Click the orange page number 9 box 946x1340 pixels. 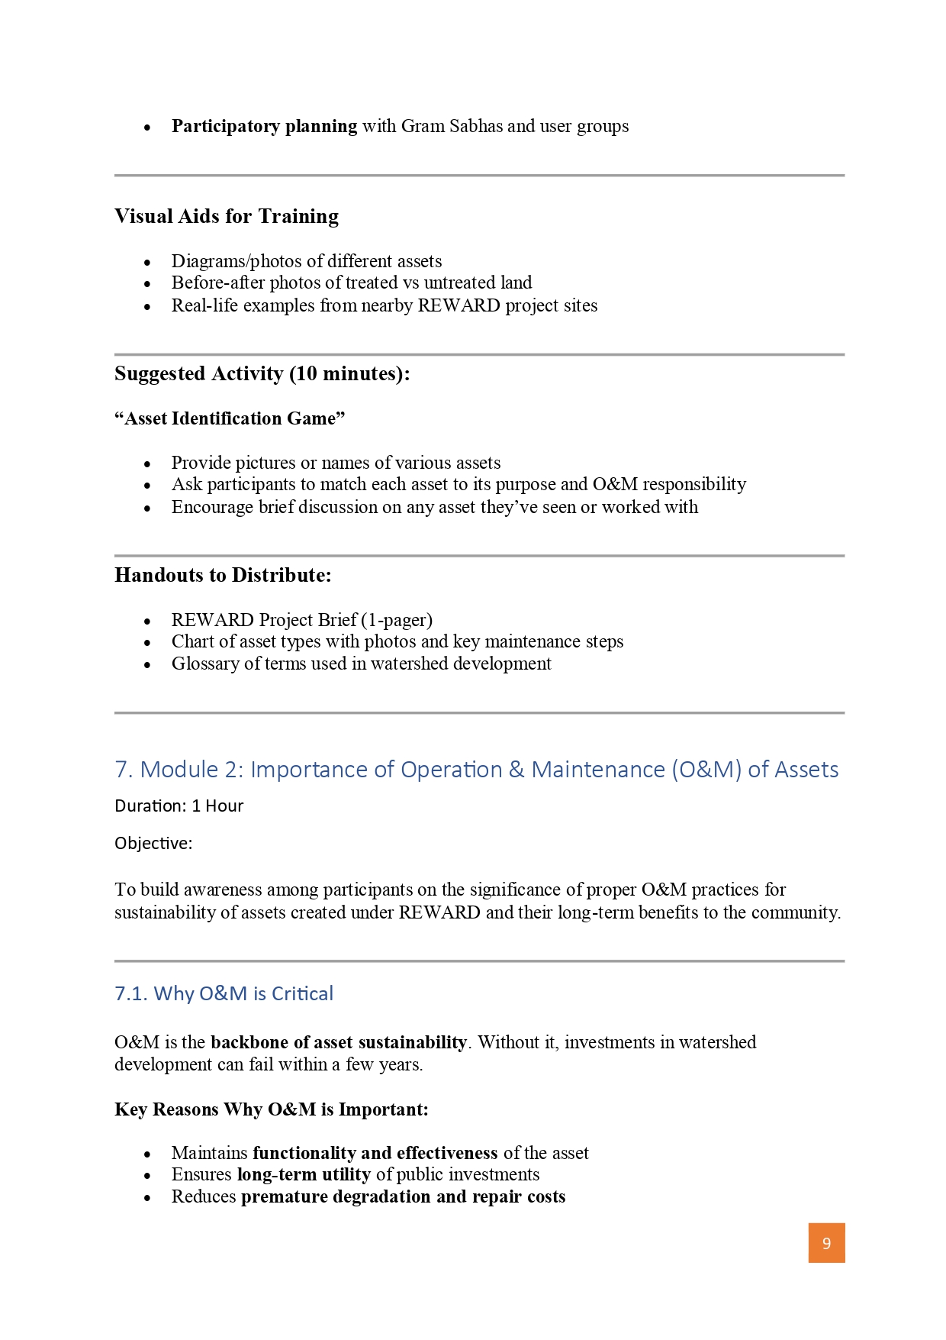[x=826, y=1243]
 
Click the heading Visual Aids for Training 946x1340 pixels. [x=227, y=217]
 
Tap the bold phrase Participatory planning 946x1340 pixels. [x=264, y=126]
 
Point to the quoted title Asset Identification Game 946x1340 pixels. [x=230, y=418]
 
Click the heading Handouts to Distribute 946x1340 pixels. [x=223, y=576]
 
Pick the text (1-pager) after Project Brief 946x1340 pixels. [x=397, y=619]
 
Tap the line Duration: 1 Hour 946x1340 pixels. [x=179, y=806]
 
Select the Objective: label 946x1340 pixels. [x=153, y=844]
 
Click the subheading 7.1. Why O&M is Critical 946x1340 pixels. [x=224, y=993]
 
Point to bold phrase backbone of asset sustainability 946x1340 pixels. [x=339, y=1042]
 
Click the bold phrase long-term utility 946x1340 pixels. [x=304, y=1174]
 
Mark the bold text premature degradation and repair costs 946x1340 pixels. [x=403, y=1196]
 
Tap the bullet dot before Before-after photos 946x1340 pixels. [x=147, y=284]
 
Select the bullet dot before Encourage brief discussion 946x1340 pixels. [x=147, y=509]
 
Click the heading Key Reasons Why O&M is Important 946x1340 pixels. [x=271, y=1109]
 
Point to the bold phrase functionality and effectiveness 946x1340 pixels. [x=375, y=1153]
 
